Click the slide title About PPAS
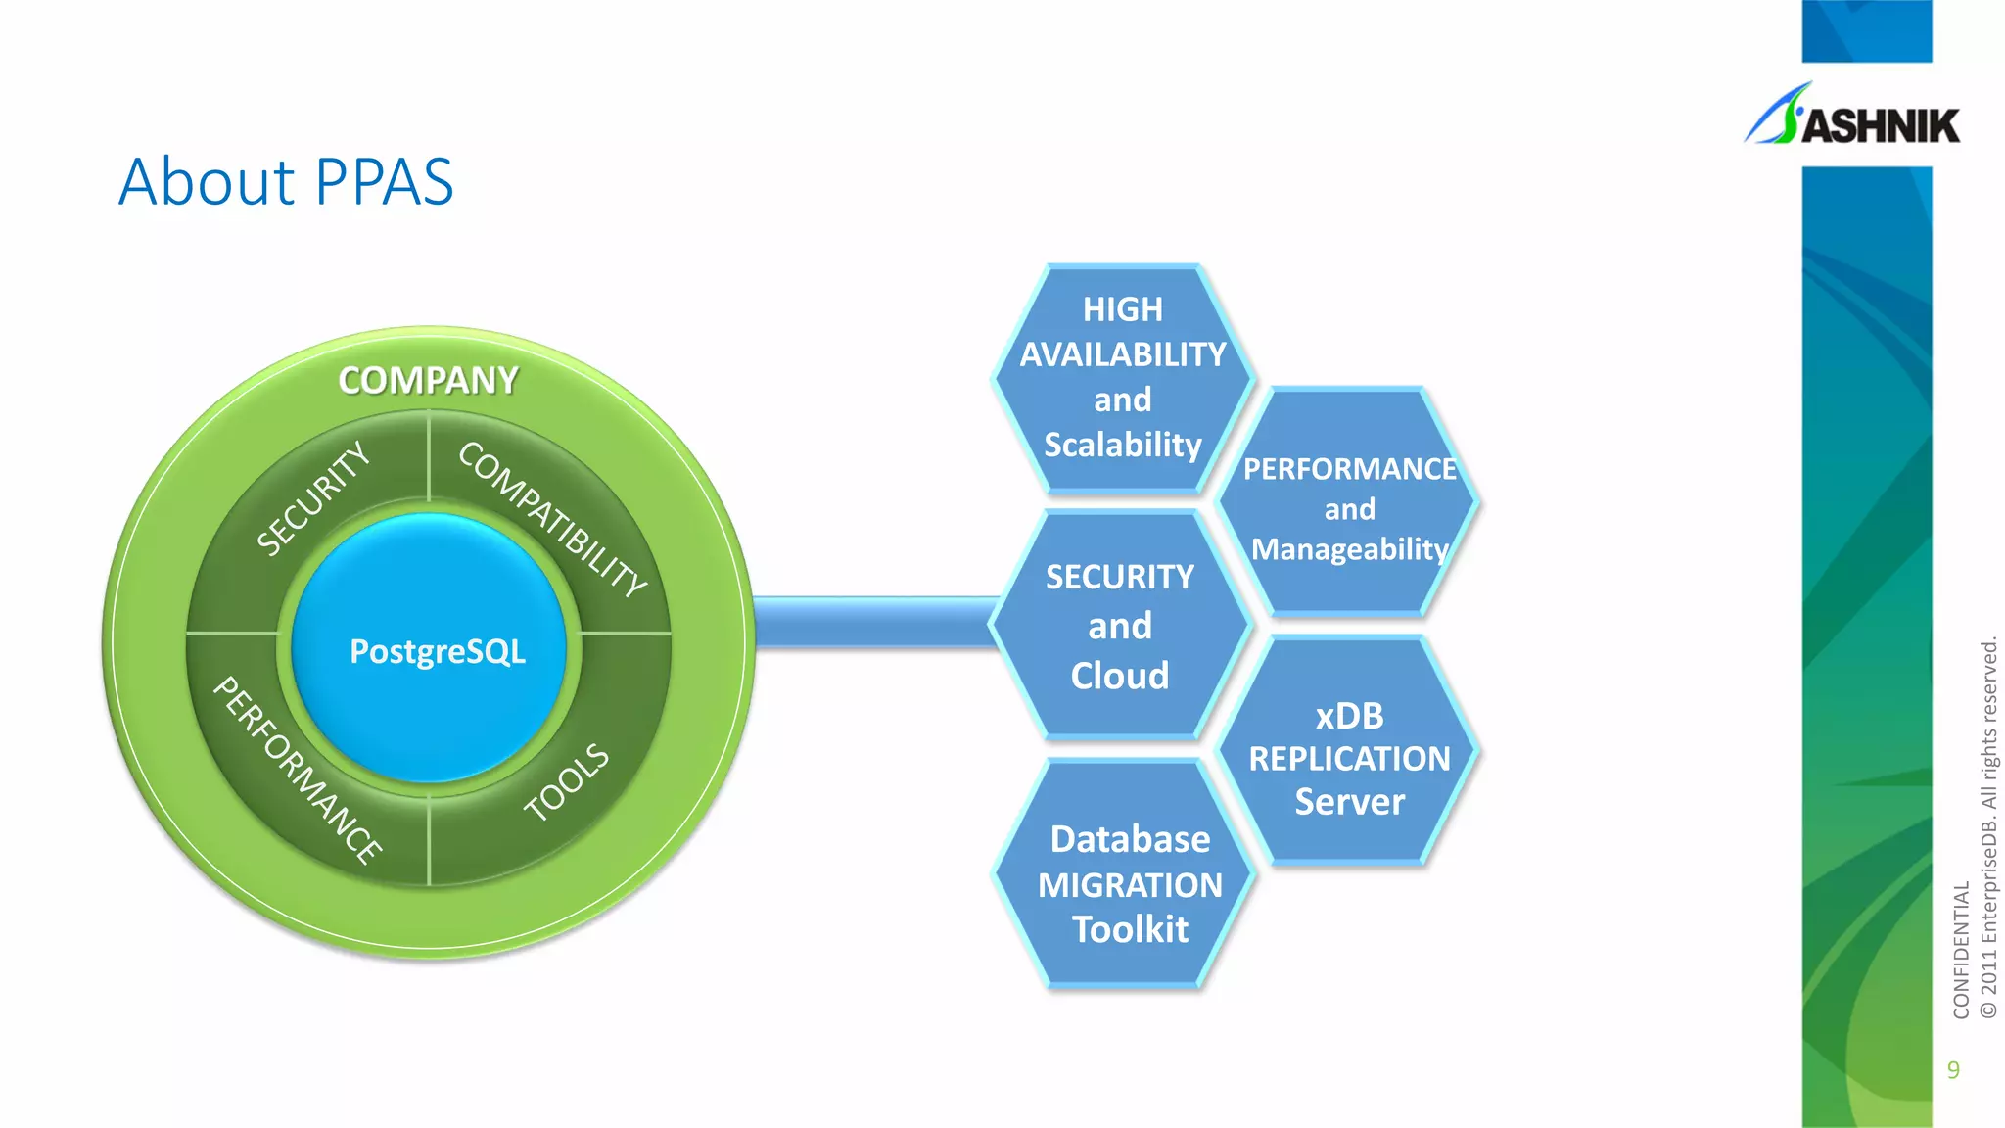coord(286,182)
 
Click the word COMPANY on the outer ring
coord(428,381)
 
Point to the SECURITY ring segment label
coord(313,498)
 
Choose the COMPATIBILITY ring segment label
coord(552,518)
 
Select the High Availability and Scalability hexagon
coord(1122,378)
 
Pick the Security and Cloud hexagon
coord(1120,626)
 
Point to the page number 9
coord(1953,1069)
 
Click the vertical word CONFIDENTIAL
coord(1960,950)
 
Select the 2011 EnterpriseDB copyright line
coord(1988,827)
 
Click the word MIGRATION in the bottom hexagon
coord(1130,885)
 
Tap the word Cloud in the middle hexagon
coord(1120,676)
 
